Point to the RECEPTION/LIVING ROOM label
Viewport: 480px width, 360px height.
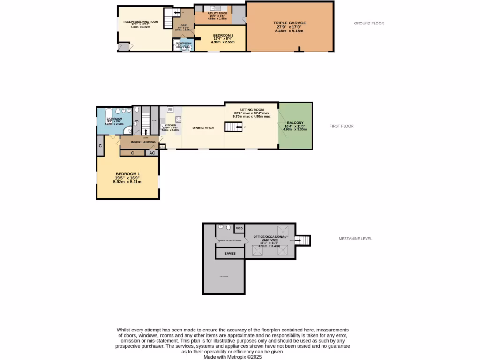tap(140, 22)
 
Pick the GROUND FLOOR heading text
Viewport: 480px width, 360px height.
tap(369, 23)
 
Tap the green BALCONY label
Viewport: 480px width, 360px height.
tap(295, 123)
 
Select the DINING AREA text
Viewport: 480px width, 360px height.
tap(203, 127)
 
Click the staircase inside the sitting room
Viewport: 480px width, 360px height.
tap(233, 127)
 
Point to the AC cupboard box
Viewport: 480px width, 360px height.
tap(151, 153)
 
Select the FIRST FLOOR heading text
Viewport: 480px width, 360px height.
tap(341, 126)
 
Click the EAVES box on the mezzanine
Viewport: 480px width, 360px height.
tap(230, 253)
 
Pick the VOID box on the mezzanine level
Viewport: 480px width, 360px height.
tap(239, 228)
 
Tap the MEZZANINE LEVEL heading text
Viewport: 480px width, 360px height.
tap(355, 239)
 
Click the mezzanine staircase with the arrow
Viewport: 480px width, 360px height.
tap(304, 240)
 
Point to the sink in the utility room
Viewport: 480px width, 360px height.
tap(213, 7)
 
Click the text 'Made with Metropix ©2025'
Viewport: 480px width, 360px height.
tap(232, 357)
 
